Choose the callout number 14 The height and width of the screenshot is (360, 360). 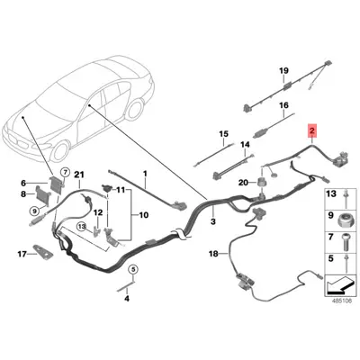[245, 144]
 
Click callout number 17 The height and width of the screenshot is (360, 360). [23, 254]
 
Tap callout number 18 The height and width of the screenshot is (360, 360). [213, 255]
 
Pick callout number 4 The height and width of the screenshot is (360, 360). [127, 297]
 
